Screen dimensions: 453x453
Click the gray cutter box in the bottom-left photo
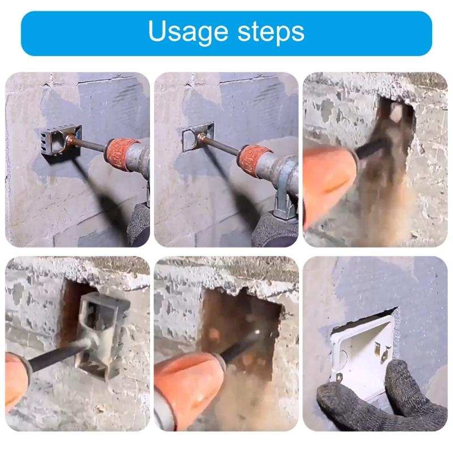(x=102, y=328)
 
